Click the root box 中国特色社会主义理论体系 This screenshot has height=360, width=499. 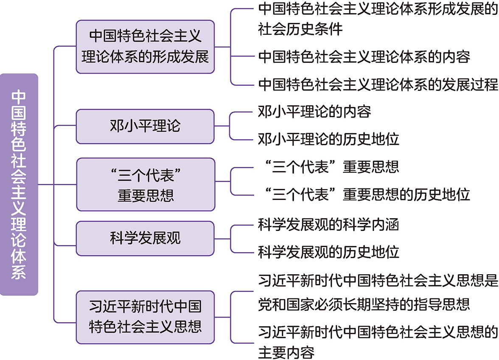(x=19, y=185)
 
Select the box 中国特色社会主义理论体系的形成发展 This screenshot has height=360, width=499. (x=146, y=46)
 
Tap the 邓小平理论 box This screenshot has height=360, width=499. (x=146, y=126)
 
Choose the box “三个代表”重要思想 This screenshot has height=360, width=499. (x=146, y=185)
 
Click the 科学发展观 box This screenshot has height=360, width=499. (x=146, y=238)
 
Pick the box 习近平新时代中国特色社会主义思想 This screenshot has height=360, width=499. (x=146, y=317)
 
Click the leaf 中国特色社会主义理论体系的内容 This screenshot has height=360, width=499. (x=364, y=56)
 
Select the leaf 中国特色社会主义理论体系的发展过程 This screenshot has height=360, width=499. (x=378, y=84)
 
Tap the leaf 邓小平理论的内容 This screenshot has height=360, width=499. (x=314, y=112)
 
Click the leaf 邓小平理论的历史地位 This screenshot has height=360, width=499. (x=328, y=139)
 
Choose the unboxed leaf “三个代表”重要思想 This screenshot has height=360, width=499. (x=328, y=167)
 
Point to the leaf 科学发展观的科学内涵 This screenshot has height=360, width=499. (x=328, y=225)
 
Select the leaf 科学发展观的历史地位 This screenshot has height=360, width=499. (x=328, y=252)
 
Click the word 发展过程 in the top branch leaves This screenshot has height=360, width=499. (x=470, y=84)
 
